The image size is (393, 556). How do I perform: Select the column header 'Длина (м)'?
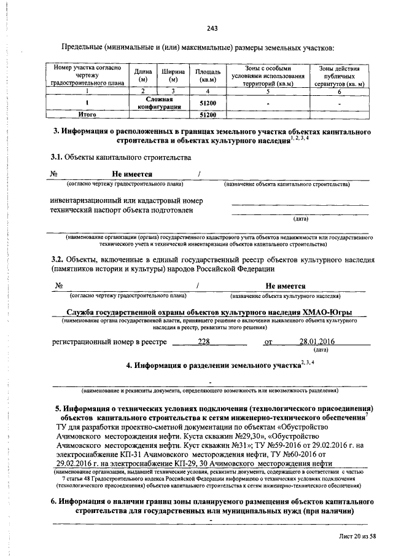point(143,75)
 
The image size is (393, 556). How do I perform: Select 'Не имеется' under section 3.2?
point(286,286)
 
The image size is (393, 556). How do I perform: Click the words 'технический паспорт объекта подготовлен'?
point(121,209)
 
